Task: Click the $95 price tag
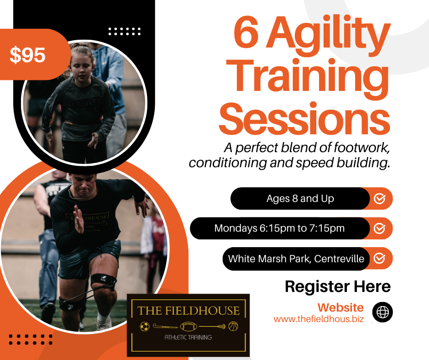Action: click(28, 55)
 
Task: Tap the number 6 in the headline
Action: click(246, 32)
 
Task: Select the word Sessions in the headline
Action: click(304, 119)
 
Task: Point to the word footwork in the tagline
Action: click(361, 148)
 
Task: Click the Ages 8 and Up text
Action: click(300, 199)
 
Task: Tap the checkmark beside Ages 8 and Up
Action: click(380, 199)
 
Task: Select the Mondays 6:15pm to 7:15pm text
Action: click(279, 228)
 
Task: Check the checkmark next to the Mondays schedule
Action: click(380, 228)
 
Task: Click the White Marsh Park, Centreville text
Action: click(296, 259)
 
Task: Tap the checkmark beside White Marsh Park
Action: click(380, 259)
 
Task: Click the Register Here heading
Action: click(338, 287)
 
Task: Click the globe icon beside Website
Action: click(382, 312)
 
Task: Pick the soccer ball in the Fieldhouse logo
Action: click(145, 326)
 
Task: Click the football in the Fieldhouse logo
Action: click(189, 326)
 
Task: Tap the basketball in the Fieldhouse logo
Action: click(233, 326)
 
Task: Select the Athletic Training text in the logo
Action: click(188, 337)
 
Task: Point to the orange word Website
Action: click(340, 307)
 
